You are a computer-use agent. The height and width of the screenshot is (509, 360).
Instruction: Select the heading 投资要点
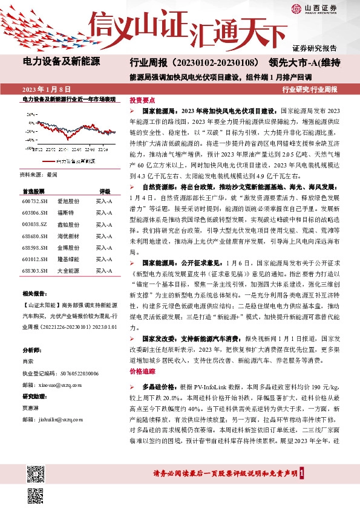tap(142, 100)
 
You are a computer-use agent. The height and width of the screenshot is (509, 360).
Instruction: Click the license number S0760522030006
tap(60, 372)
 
